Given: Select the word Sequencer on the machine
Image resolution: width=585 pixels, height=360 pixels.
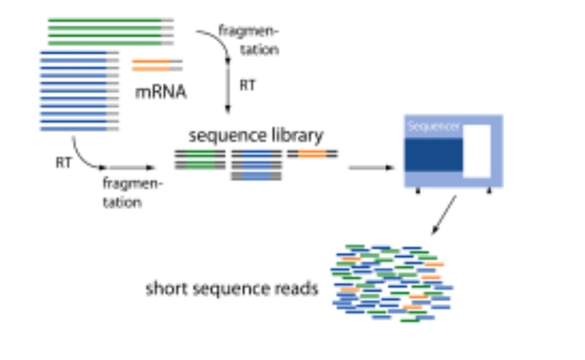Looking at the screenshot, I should pos(433,126).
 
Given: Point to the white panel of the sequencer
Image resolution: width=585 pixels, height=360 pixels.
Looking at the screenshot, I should pos(477,151).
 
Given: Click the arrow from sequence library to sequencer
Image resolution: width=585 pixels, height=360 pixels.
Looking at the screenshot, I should pos(370,168).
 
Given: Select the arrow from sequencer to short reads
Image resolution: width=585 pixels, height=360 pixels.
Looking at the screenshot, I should pos(443,215).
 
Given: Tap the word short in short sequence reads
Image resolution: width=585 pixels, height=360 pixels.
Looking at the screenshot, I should pos(163,288).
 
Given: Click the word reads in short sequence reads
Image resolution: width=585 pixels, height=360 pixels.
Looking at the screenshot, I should pos(299,288).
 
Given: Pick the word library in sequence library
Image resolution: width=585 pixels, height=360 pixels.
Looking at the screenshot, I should pos(297,134).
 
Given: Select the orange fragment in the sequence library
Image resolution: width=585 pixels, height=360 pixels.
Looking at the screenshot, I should pos(312,152).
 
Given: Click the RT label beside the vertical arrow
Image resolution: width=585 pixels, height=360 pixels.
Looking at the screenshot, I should pos(248,86).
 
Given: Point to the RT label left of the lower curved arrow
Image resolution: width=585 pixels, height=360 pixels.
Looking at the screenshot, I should pos(63,163).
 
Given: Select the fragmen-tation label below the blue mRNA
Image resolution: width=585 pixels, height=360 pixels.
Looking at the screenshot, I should pos(133,193).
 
